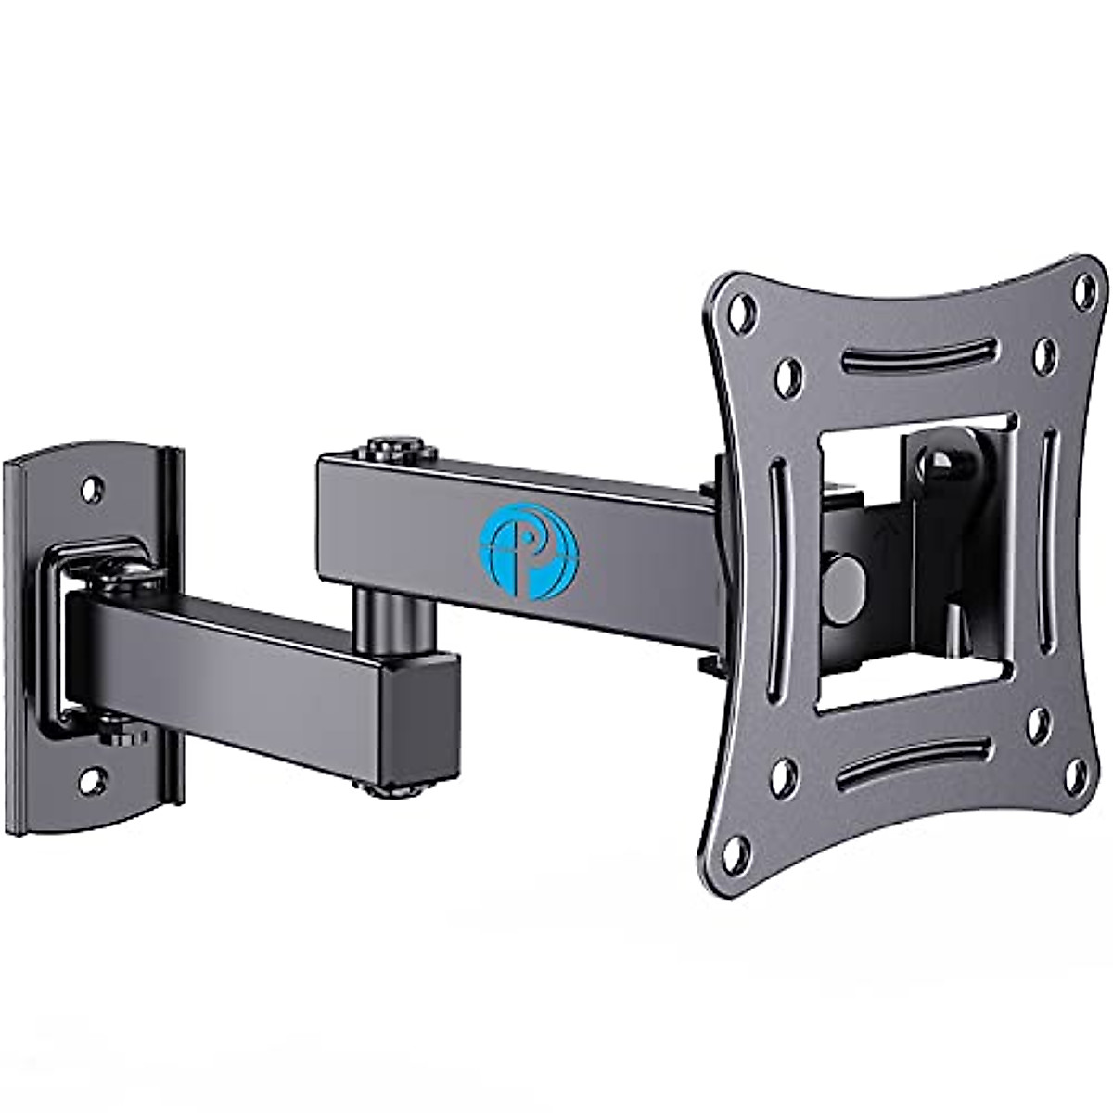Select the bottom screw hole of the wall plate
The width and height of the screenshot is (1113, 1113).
pyautogui.click(x=90, y=780)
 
